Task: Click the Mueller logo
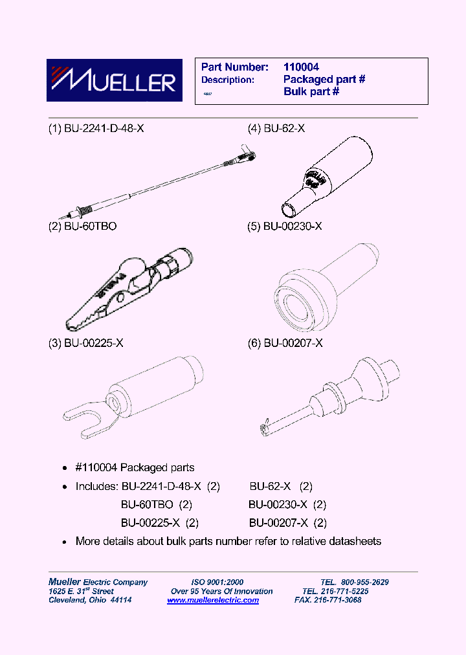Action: point(114,81)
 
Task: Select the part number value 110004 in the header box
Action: point(301,67)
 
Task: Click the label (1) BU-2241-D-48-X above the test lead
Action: point(96,129)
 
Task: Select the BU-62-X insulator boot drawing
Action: point(327,175)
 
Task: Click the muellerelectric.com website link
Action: point(213,600)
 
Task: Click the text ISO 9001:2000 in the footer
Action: point(217,582)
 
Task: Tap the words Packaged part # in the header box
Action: point(324,80)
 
